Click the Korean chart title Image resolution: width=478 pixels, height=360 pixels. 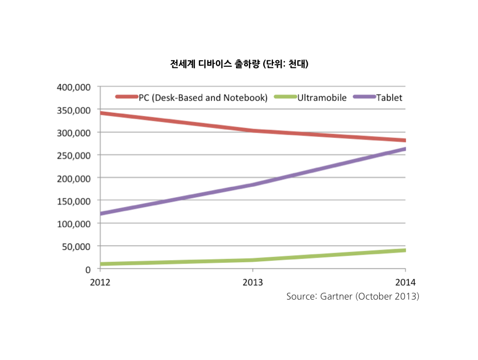coord(239,65)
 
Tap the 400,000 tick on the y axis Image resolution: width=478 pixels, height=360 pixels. coord(74,87)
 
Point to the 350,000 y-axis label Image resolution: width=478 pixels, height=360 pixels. coord(74,110)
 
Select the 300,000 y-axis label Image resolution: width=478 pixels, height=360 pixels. coord(74,132)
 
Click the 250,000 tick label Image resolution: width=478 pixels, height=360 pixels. coord(74,155)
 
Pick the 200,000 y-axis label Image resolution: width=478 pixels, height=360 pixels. coord(74,178)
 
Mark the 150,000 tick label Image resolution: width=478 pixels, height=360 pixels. coord(74,201)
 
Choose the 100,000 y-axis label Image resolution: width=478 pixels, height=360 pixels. coord(74,224)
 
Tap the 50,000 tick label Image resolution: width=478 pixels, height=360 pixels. coord(77,247)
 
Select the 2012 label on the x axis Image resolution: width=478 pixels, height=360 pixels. coord(100,282)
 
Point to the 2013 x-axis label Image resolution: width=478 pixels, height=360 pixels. coord(252,282)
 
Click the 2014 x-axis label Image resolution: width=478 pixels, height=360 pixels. coord(405,282)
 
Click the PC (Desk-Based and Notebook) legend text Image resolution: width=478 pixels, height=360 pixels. coord(203,98)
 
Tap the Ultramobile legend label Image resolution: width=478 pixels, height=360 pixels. coord(322,98)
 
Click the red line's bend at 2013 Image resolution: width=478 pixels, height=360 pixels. coord(252,131)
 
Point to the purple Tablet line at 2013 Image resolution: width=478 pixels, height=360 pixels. coord(252,185)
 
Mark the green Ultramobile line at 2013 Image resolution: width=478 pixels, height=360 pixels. coord(252,260)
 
